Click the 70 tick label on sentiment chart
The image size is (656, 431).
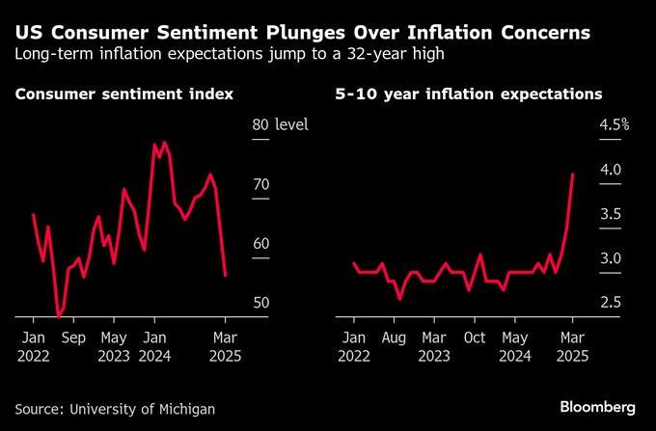point(260,184)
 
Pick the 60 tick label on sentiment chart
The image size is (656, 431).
point(260,244)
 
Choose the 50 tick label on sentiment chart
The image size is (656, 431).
point(260,303)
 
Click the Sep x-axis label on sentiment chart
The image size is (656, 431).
point(73,338)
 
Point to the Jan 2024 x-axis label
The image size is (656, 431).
point(152,347)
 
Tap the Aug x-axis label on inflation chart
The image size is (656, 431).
point(395,338)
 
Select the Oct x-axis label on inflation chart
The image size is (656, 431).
point(475,338)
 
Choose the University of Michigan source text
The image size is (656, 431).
point(143,410)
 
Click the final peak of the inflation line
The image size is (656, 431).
point(573,175)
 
